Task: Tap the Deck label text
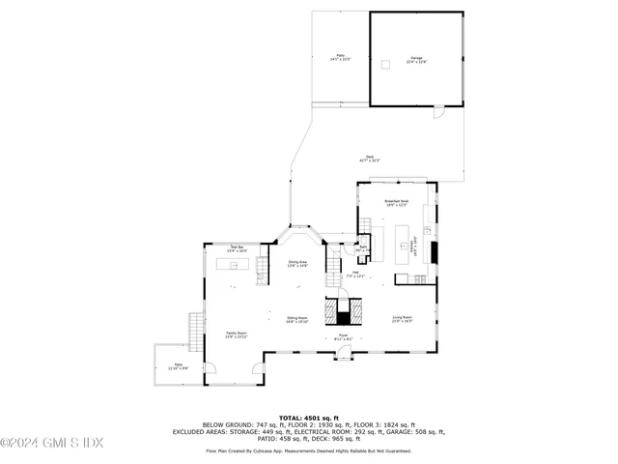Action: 370,159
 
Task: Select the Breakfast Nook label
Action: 397,203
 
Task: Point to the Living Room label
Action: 402,318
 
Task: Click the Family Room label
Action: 237,335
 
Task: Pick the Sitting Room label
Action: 296,319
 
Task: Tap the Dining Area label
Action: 297,263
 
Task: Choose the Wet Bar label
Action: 238,248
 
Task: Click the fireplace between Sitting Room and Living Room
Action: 345,311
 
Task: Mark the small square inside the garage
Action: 386,65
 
